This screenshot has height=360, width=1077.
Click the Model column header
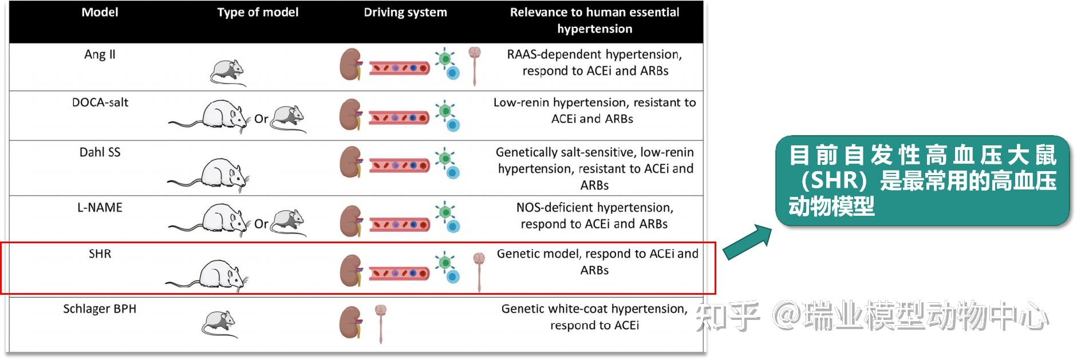click(x=100, y=12)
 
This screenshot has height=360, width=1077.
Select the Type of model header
click(x=258, y=12)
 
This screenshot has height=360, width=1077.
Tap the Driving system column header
click(x=405, y=12)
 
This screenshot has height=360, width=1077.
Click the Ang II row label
click(x=100, y=54)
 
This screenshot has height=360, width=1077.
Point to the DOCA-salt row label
click(x=100, y=102)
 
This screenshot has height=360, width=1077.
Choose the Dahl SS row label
click(x=100, y=152)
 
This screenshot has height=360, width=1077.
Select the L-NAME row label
click(x=100, y=207)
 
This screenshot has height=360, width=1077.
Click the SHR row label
click(x=100, y=254)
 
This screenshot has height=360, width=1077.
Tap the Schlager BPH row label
click(x=100, y=309)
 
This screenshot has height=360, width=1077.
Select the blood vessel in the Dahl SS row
click(x=400, y=166)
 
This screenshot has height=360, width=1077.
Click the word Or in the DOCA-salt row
click(x=261, y=119)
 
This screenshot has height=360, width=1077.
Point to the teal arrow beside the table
click(x=747, y=242)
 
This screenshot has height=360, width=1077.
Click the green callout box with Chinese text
click(x=922, y=181)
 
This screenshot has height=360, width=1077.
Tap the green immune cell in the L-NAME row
click(x=445, y=212)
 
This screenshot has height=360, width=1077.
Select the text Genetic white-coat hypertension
click(x=594, y=309)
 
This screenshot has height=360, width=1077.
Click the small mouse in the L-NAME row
click(x=289, y=222)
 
